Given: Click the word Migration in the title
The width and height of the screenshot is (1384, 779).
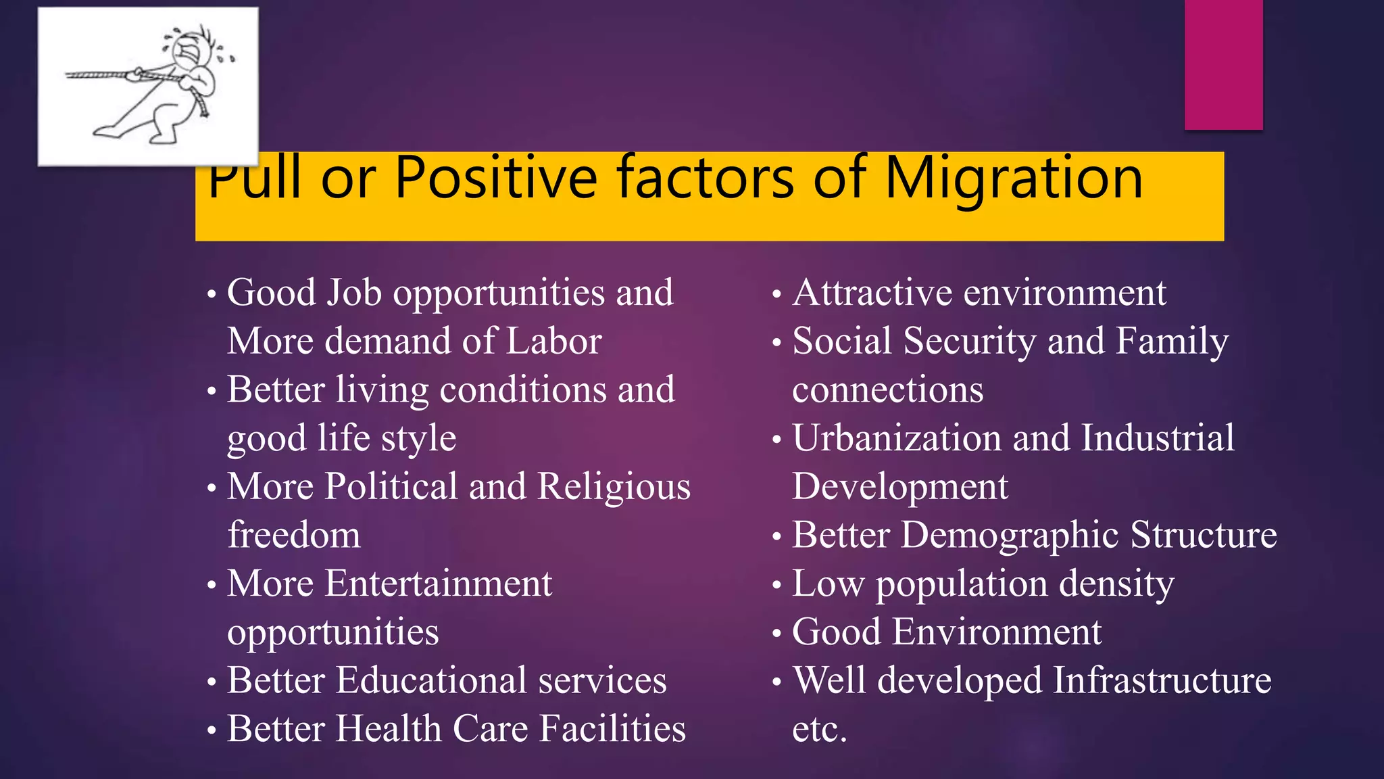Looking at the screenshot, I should (1013, 178).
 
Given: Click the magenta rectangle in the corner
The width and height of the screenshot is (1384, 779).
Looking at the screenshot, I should (1223, 64).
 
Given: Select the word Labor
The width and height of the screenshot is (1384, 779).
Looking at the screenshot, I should (553, 341).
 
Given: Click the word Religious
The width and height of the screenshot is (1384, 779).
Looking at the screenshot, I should (614, 486).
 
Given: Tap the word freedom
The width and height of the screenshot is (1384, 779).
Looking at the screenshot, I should (294, 535).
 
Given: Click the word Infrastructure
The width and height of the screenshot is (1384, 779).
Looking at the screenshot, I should (1162, 680).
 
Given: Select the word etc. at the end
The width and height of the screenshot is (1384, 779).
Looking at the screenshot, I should (819, 729).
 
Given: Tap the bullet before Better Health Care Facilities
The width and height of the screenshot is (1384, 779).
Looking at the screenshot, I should (212, 731).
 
